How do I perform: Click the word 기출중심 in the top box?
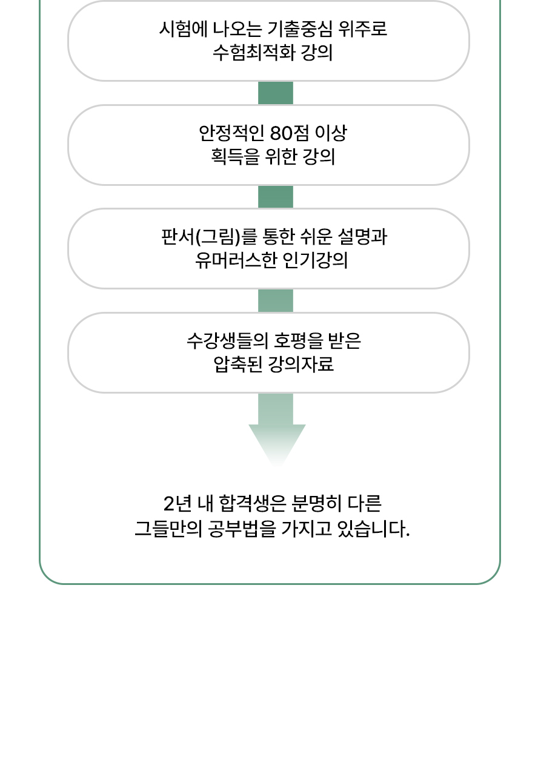click(299, 29)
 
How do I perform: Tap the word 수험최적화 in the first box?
click(254, 53)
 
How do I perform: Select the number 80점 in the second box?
click(290, 133)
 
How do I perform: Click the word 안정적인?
click(231, 133)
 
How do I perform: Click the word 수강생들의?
click(227, 341)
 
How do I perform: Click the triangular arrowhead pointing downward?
click(277, 443)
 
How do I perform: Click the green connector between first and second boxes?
click(276, 93)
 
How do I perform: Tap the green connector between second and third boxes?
click(276, 197)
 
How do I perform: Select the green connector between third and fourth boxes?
click(276, 301)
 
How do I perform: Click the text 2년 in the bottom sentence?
click(178, 504)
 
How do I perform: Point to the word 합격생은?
click(253, 504)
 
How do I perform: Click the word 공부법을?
click(242, 529)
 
